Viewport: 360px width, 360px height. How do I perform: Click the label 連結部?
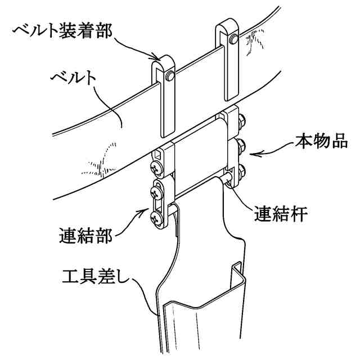click(85, 235)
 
